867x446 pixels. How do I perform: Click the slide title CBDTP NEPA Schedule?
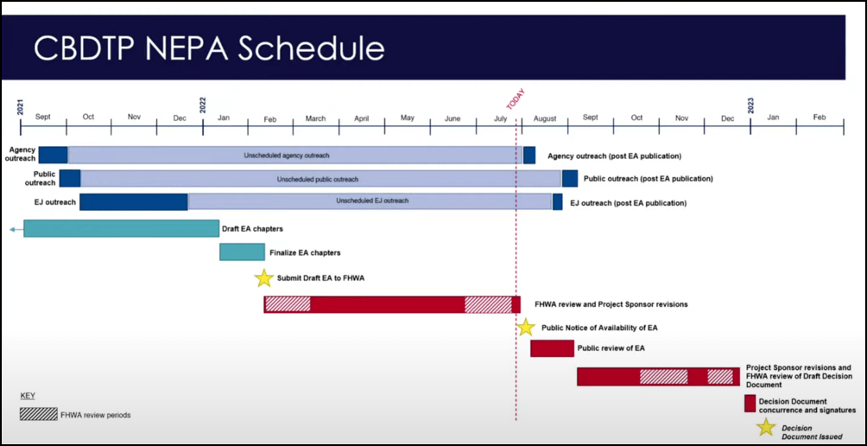click(209, 48)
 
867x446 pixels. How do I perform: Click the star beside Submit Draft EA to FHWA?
click(263, 278)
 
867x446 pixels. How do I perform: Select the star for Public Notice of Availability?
click(526, 328)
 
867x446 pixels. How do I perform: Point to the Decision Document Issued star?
click(765, 427)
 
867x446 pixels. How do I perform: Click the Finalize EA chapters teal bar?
click(242, 252)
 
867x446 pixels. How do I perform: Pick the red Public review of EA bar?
click(552, 348)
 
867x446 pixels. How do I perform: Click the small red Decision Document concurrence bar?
click(750, 404)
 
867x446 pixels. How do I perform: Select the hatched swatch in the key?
click(38, 414)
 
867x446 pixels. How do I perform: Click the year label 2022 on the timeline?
click(203, 105)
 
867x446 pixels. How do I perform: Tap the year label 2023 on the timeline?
click(750, 105)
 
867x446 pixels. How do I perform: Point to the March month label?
click(315, 118)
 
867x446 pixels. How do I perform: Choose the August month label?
click(545, 118)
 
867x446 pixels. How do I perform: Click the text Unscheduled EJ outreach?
click(372, 201)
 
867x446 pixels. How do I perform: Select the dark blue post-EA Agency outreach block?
click(529, 156)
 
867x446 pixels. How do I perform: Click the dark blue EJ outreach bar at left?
click(134, 202)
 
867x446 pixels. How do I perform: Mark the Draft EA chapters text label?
click(252, 229)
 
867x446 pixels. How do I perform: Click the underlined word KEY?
click(28, 395)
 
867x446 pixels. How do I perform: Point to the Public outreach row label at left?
click(40, 178)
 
